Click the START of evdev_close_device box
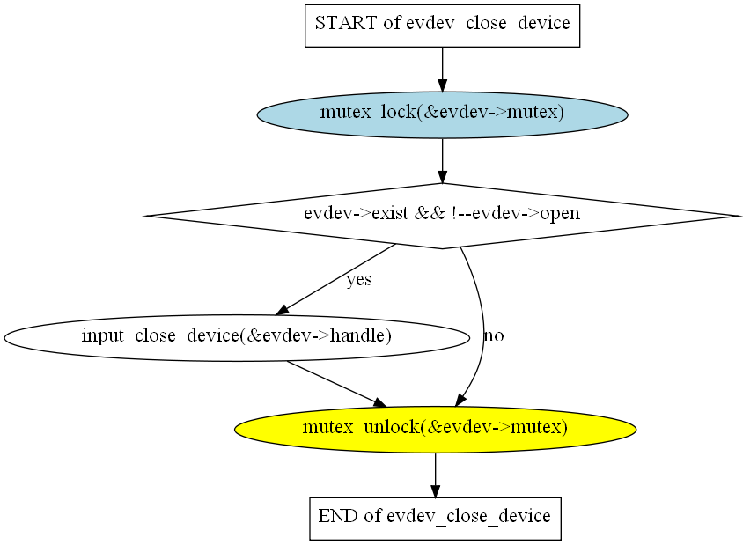point(442,25)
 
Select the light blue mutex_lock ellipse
point(442,114)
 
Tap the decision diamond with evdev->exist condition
point(442,215)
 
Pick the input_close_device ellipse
point(236,336)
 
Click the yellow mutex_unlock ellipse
point(435,429)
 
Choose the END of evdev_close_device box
point(435,517)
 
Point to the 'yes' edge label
point(358,280)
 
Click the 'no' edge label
point(494,335)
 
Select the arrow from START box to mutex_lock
point(442,69)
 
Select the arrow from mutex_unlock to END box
point(435,475)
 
